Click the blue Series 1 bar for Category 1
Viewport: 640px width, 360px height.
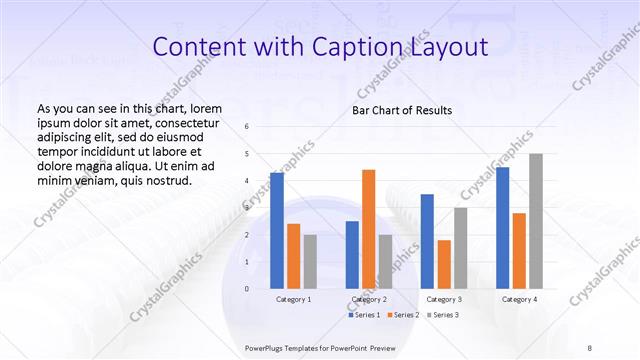pyautogui.click(x=277, y=230)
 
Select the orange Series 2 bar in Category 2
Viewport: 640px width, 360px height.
pyautogui.click(x=368, y=229)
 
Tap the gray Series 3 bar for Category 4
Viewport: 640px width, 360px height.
pyautogui.click(x=536, y=221)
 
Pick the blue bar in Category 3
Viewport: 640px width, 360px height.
pyautogui.click(x=427, y=241)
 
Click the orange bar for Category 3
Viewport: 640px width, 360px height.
pyautogui.click(x=444, y=264)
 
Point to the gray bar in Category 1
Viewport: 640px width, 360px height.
pyautogui.click(x=310, y=261)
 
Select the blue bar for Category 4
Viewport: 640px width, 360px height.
pyautogui.click(x=502, y=228)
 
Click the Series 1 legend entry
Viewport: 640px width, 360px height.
pyautogui.click(x=364, y=315)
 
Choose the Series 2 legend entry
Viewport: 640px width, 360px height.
pyautogui.click(x=402, y=315)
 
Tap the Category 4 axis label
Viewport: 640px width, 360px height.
pyautogui.click(x=519, y=299)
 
